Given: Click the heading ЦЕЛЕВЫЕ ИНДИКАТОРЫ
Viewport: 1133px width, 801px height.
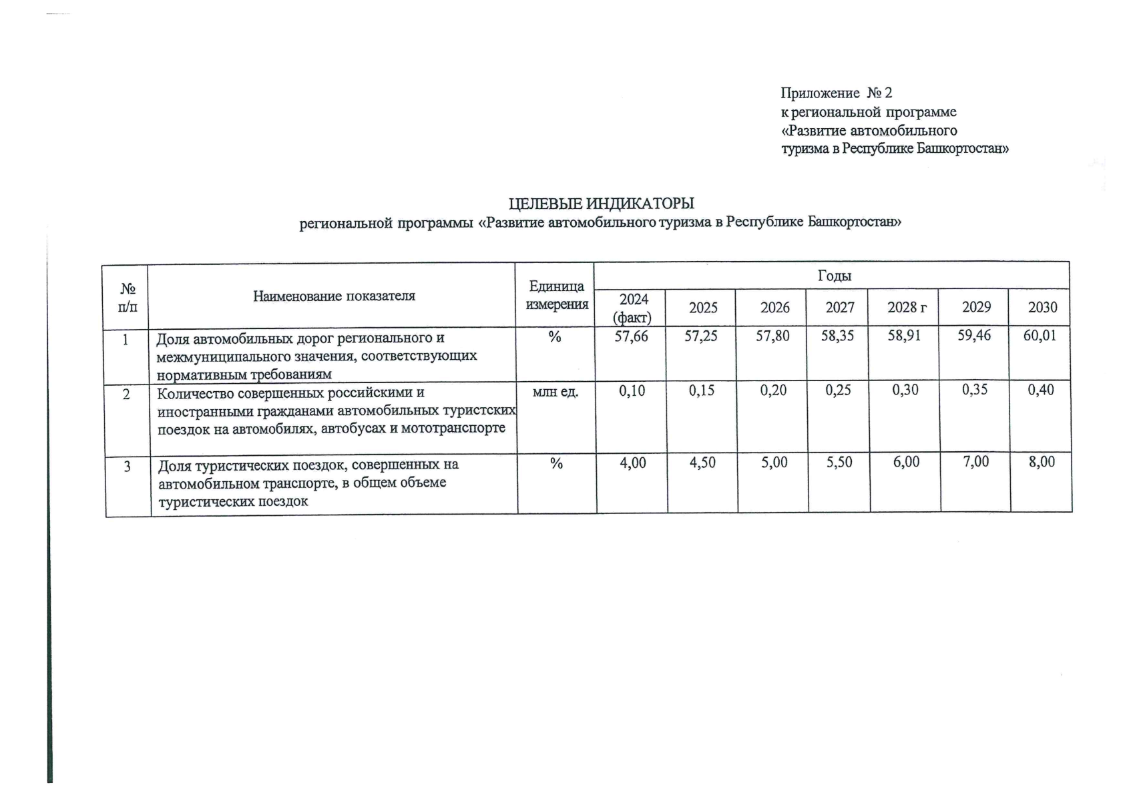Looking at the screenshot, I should click(x=601, y=203).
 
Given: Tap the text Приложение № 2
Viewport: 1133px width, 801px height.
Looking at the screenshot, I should click(x=836, y=93).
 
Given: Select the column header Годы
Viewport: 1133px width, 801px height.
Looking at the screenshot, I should click(x=834, y=276).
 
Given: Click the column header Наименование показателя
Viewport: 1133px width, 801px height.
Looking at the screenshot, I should click(x=334, y=296).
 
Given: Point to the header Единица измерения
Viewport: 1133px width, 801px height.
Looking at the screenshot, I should click(x=557, y=295).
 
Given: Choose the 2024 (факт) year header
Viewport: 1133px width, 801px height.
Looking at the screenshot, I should click(x=633, y=308).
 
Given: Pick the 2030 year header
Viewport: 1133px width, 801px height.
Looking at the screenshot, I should click(x=1042, y=307).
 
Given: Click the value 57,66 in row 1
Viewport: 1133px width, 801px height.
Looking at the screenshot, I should click(x=631, y=336).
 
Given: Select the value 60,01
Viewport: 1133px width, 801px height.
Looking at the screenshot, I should click(x=1040, y=335).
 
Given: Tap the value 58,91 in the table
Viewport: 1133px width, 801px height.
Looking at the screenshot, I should click(x=904, y=335).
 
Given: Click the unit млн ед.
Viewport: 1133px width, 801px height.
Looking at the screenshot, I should click(x=555, y=392).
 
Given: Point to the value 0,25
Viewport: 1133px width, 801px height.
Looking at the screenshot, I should click(x=838, y=390).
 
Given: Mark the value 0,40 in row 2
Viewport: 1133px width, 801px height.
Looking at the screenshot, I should click(x=1041, y=390).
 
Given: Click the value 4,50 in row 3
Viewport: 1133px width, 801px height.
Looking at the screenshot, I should click(x=702, y=463).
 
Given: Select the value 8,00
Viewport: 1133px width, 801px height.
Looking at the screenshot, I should click(x=1042, y=462).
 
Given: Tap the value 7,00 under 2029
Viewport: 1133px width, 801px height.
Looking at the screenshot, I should click(x=975, y=462).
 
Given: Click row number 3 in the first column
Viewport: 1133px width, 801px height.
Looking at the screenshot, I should click(x=128, y=466).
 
